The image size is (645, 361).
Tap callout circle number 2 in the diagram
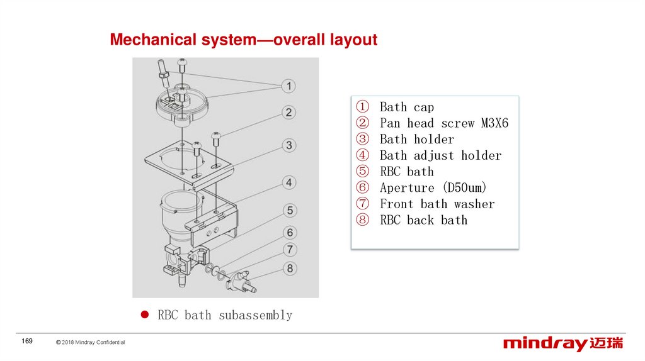288,113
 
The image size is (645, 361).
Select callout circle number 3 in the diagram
288,146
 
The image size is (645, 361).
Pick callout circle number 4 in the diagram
288,182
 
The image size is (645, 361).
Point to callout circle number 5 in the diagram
288,210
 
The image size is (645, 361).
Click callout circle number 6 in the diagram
288,233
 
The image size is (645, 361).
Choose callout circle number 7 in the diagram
288,250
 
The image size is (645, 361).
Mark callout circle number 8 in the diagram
288,269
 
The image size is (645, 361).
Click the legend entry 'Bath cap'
406,107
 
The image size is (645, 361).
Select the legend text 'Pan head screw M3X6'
443,123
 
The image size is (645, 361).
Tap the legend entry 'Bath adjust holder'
440,155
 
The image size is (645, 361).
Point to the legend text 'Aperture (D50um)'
433,187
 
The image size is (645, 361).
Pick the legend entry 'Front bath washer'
437,204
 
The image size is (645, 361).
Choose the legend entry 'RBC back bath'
423,220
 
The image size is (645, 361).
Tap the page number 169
27,341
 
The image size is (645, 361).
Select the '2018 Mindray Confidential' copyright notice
90,342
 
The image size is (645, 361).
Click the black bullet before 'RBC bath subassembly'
144,314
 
